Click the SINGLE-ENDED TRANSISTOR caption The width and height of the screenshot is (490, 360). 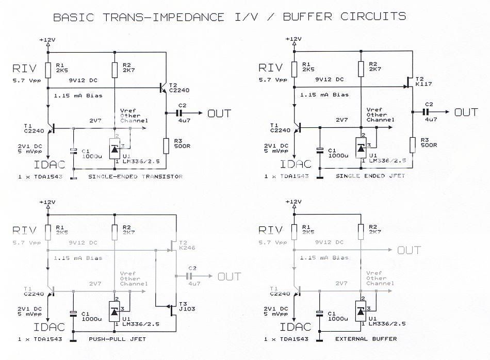[x=135, y=177]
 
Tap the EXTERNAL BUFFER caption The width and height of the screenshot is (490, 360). [x=366, y=339]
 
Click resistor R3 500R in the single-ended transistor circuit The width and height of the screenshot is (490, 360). [x=166, y=146]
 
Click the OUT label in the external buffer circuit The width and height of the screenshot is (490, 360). [x=409, y=250]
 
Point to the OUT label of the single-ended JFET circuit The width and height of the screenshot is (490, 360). [x=466, y=112]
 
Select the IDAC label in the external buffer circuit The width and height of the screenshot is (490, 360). [x=295, y=326]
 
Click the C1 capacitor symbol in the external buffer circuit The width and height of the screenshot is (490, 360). [x=320, y=313]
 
